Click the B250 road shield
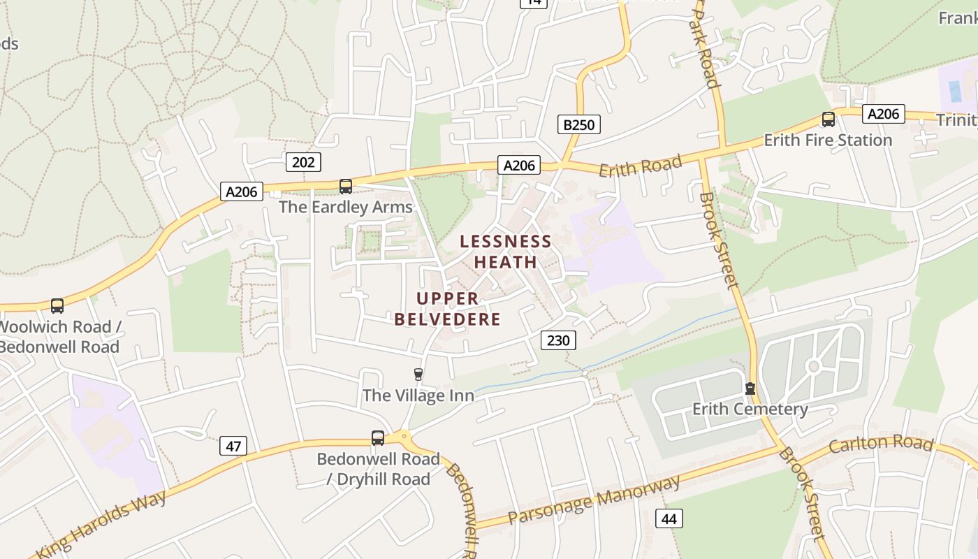tap(579, 125)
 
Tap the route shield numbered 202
tap(303, 162)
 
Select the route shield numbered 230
tap(558, 340)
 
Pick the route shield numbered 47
tap(233, 446)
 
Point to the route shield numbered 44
tap(669, 518)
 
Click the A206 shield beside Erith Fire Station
tap(883, 114)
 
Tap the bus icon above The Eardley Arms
tap(346, 186)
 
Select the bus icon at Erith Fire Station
tap(828, 119)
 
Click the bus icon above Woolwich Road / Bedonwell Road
tap(57, 305)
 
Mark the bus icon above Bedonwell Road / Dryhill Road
tap(378, 438)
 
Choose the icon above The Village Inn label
tap(418, 375)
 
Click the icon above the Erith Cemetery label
tap(750, 388)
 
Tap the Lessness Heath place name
tap(506, 252)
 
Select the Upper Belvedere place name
tap(448, 309)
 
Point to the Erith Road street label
tap(640, 166)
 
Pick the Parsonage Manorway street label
tap(594, 500)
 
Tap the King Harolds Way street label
tap(103, 524)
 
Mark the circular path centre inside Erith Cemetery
tap(812, 366)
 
